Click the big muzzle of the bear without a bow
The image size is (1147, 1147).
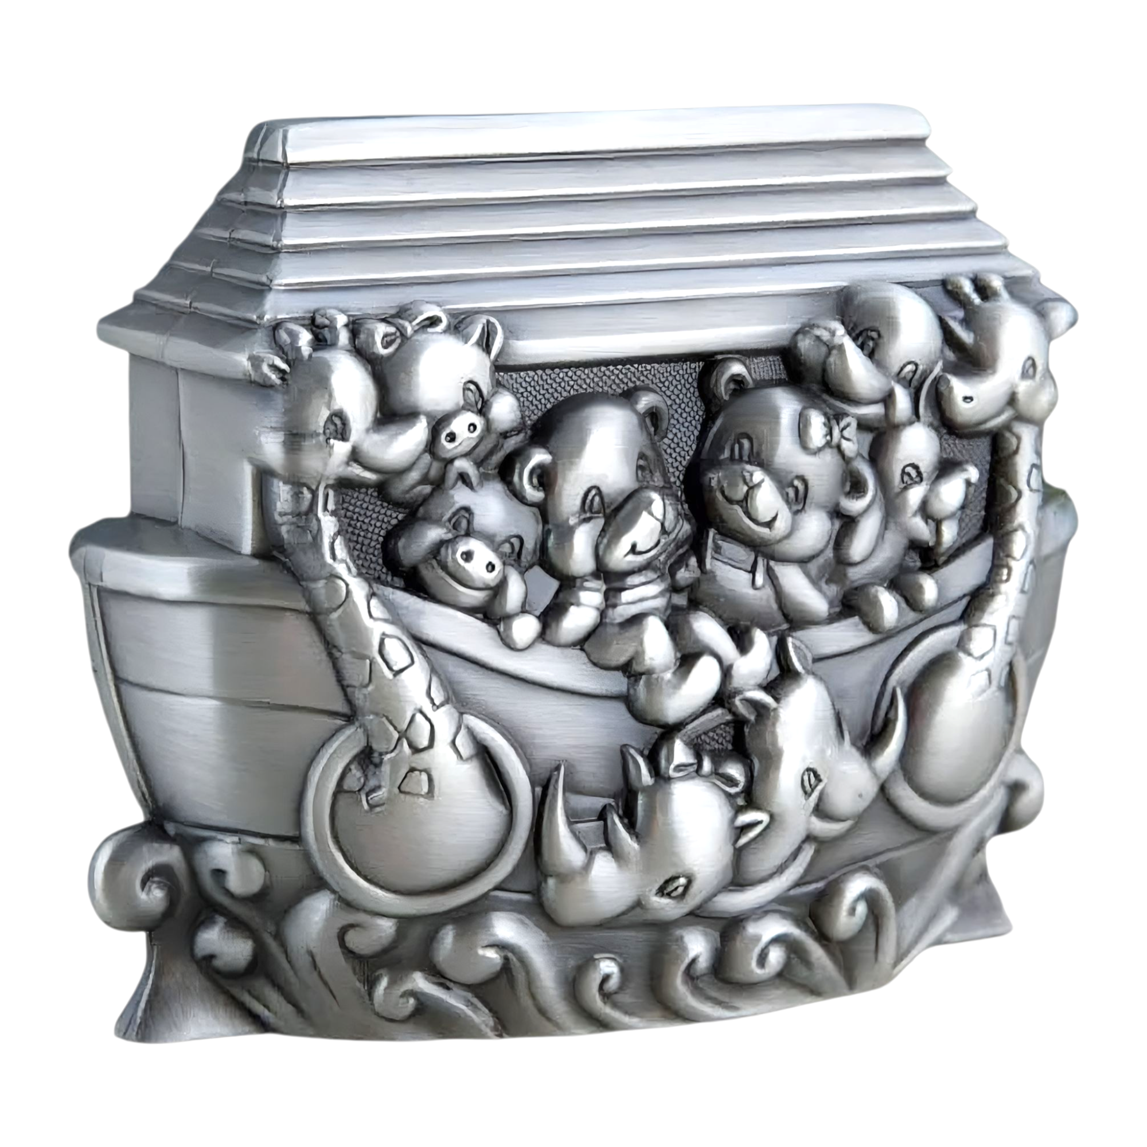tap(638, 522)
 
